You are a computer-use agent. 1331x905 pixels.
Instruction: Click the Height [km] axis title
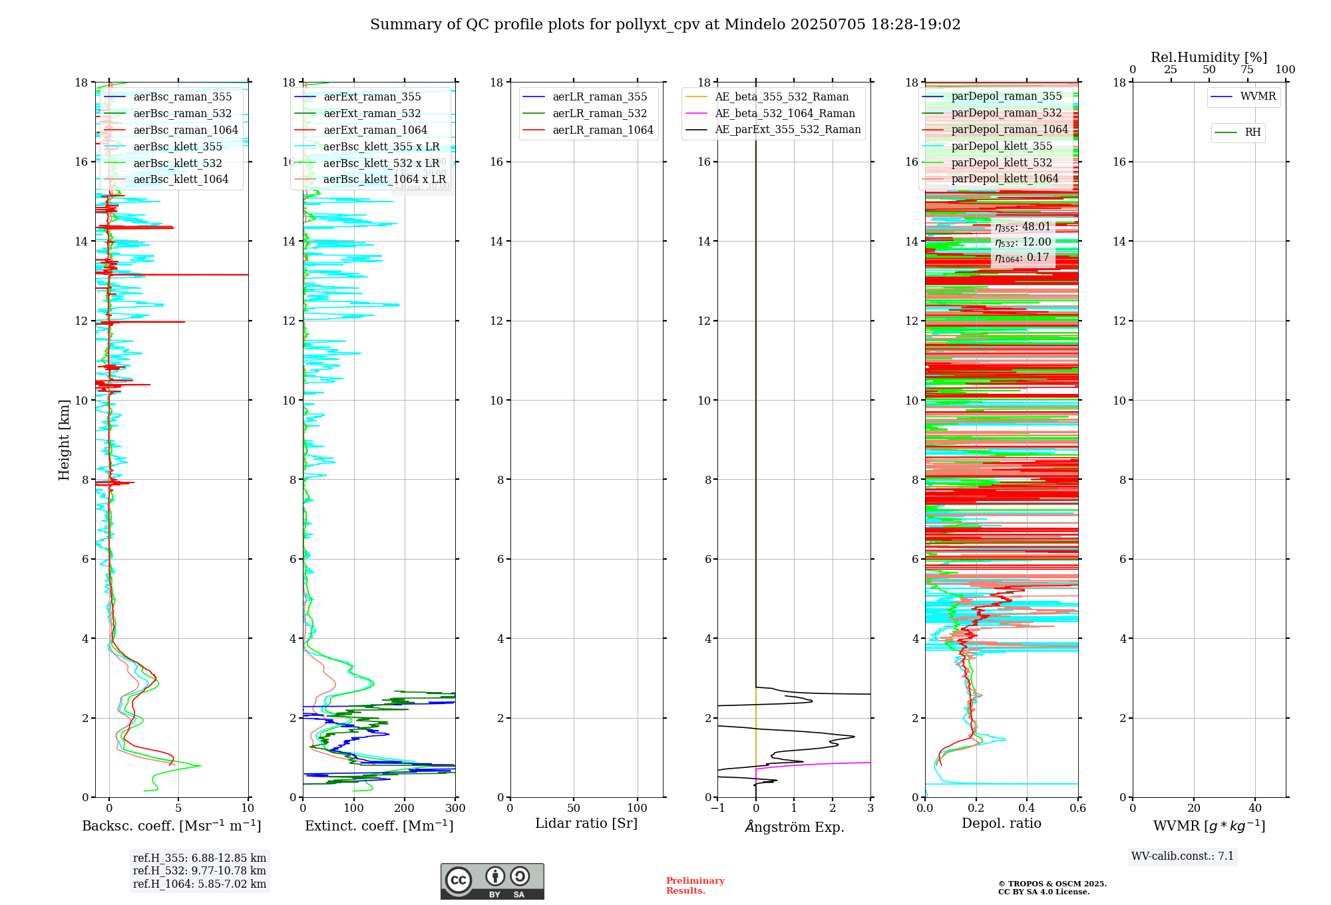64,439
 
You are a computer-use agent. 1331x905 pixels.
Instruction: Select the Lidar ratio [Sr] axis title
586,823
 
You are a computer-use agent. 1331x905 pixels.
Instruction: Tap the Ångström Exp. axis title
794,826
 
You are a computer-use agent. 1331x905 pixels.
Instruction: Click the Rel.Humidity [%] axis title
1209,57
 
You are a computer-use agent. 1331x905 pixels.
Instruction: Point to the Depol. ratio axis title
1001,823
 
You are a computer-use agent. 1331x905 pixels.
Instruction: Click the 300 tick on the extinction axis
455,808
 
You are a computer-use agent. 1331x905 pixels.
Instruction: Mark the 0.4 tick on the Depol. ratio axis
1027,808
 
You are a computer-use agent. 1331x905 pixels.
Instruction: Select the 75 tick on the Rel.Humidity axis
1247,70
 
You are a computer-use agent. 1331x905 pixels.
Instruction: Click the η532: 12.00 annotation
1023,242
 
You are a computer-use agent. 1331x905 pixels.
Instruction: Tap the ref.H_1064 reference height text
200,884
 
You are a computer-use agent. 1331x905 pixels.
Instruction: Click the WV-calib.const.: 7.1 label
1183,856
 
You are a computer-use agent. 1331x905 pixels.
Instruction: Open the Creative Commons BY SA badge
492,882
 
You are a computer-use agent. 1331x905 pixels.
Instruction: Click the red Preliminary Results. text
695,885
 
